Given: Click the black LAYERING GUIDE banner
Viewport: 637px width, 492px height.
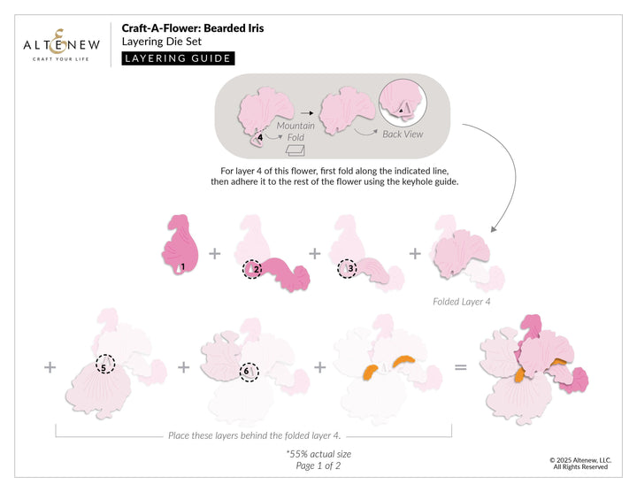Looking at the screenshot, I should click(x=178, y=58).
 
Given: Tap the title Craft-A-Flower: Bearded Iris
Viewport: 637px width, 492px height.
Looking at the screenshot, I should click(x=192, y=28).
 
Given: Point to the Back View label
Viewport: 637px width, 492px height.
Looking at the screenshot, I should click(x=403, y=135).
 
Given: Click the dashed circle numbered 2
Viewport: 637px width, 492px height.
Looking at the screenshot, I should click(x=253, y=269).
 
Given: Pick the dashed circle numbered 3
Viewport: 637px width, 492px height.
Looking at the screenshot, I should click(x=347, y=268).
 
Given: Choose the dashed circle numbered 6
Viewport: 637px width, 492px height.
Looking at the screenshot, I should click(x=248, y=373).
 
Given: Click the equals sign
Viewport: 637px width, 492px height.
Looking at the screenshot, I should click(x=460, y=365).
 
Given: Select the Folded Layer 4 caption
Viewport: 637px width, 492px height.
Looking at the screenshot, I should click(x=461, y=302).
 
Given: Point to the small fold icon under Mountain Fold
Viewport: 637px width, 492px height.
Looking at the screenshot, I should click(x=295, y=152).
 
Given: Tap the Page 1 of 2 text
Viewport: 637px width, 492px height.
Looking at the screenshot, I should click(x=318, y=465).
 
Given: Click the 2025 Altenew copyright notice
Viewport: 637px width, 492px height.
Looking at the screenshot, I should click(x=579, y=463).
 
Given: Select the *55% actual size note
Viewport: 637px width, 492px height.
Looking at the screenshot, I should click(x=318, y=453).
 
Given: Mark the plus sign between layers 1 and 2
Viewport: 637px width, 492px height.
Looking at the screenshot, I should click(x=214, y=253).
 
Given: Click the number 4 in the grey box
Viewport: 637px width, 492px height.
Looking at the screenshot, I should click(x=260, y=137).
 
